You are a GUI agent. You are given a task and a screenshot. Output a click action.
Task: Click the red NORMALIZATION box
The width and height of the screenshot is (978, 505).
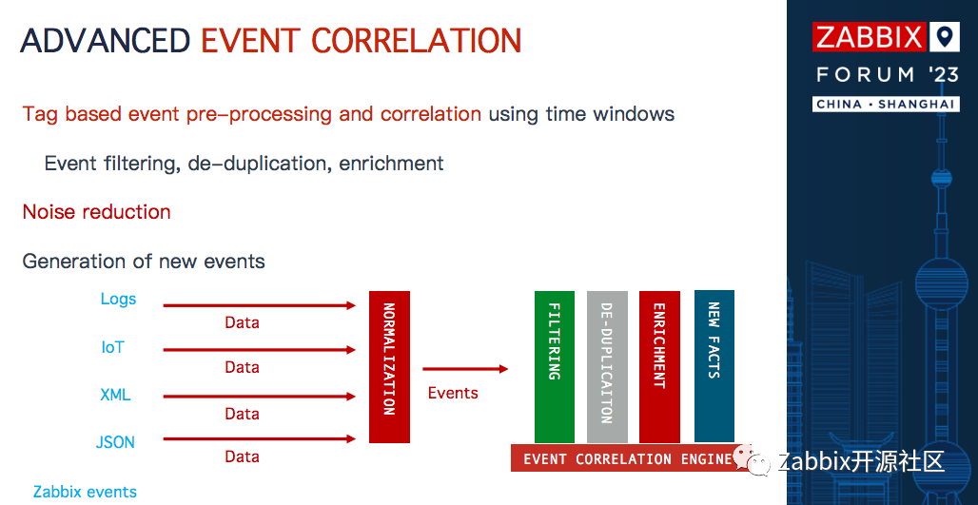coord(389,366)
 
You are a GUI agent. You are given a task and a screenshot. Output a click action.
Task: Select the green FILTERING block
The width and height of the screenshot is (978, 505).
coord(554,366)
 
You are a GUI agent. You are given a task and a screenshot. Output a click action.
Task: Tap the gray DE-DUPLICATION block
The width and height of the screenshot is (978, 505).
coord(607,366)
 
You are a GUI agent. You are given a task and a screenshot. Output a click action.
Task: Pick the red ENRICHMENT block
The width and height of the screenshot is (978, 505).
coord(659,366)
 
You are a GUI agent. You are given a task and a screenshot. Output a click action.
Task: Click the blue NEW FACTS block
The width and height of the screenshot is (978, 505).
coord(714,366)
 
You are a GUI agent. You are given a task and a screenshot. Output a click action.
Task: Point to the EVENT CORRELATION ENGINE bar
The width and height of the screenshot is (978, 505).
coord(631,458)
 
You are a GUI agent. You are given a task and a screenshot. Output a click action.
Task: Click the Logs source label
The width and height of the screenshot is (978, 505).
coord(118,300)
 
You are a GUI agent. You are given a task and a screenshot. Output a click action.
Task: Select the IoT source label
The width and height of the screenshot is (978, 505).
coord(113,347)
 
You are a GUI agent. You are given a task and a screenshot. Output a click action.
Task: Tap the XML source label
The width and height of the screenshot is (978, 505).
coord(115,395)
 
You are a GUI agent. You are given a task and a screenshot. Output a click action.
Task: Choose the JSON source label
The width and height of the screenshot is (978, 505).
coord(115,442)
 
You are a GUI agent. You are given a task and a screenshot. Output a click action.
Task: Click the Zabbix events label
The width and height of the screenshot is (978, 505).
coord(85,492)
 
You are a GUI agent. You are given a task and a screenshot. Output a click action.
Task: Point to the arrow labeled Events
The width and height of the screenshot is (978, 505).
coord(465,369)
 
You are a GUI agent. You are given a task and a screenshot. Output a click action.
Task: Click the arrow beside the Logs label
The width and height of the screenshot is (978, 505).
coord(260,305)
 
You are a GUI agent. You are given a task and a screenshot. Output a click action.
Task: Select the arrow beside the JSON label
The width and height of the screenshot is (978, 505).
coord(260,439)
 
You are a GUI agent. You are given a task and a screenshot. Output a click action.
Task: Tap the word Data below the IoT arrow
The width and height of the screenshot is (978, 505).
coord(242,367)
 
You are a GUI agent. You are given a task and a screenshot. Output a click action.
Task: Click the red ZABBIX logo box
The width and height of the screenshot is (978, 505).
coord(870,37)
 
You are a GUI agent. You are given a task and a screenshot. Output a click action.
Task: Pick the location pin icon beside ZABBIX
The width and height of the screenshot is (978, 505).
coord(945,37)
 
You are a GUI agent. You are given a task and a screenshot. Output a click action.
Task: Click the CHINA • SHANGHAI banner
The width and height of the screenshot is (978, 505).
coord(886,104)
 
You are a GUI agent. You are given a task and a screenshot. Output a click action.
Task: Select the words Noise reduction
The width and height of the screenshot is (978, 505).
coord(97,212)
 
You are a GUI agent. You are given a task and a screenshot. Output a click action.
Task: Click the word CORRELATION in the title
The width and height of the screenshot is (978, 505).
coord(416,41)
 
